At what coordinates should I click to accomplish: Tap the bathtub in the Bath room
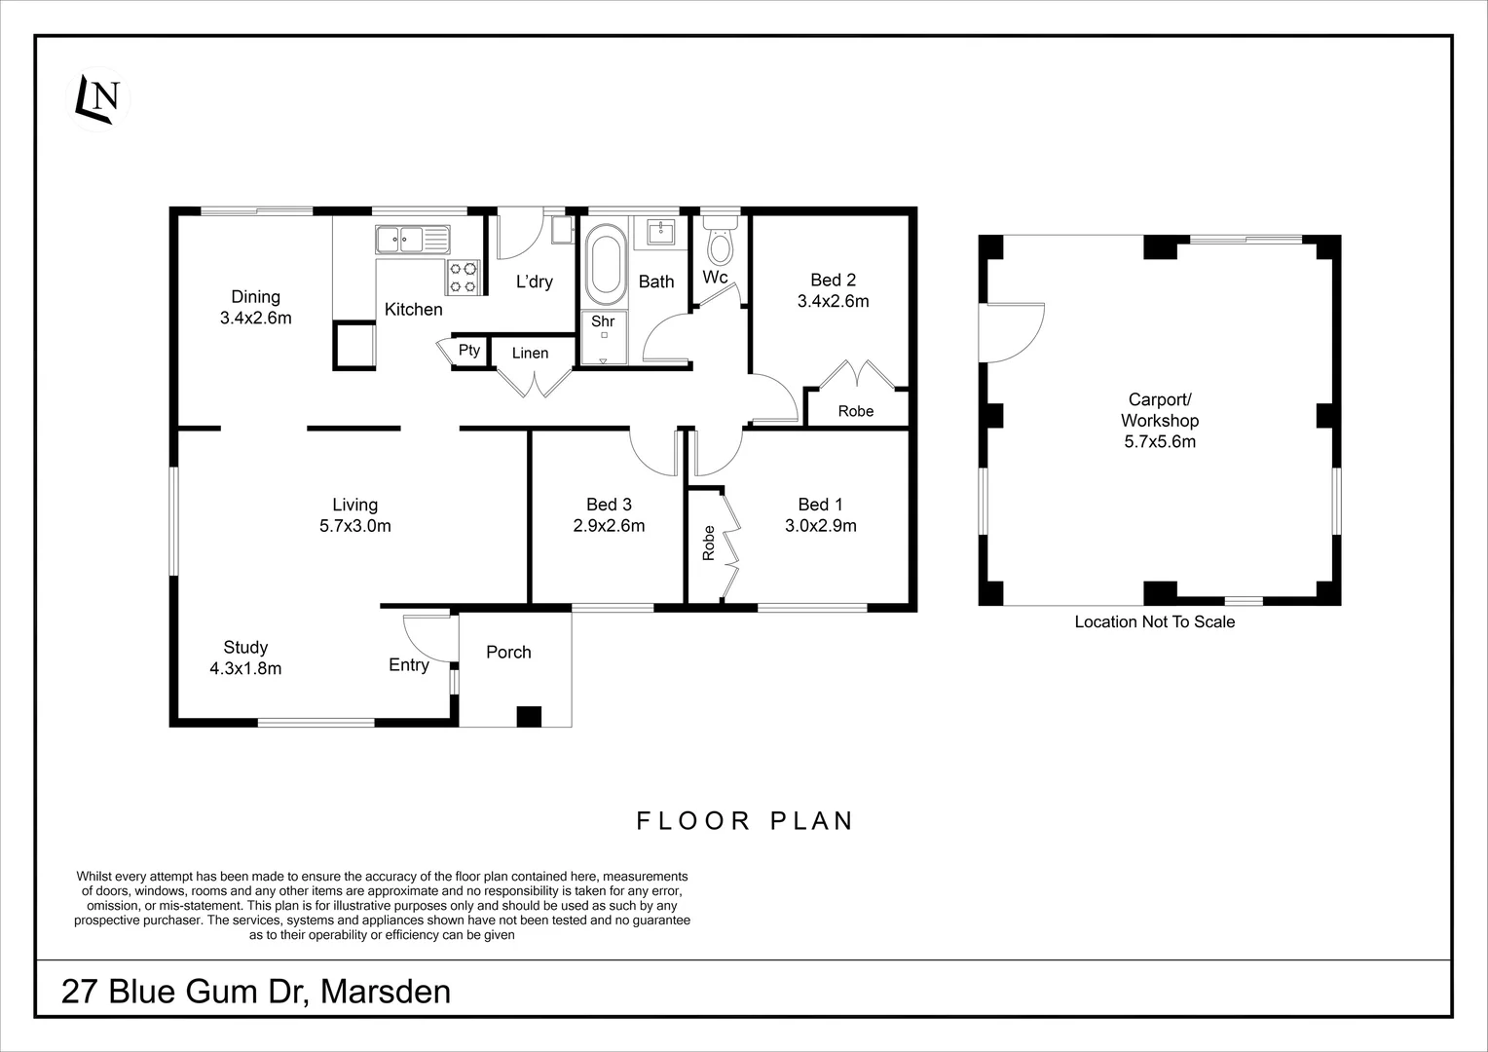tap(606, 261)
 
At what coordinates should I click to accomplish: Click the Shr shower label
tap(603, 321)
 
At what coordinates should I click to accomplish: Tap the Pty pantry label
tap(469, 350)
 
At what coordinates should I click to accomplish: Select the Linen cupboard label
tap(530, 353)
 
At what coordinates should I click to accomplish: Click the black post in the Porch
tap(528, 716)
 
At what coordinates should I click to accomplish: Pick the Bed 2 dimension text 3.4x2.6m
tap(833, 302)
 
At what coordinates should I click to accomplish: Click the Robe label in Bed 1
tap(709, 544)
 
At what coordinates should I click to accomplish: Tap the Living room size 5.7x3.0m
tap(354, 527)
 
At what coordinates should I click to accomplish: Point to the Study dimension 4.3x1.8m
tap(245, 669)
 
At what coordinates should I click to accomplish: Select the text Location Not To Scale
tap(1154, 621)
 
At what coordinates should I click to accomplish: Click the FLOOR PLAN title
tap(745, 821)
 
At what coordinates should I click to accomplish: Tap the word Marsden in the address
tap(386, 992)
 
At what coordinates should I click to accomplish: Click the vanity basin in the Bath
tap(661, 232)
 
